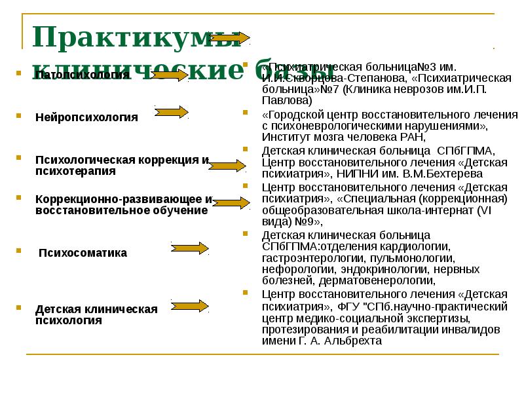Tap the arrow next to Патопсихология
tap(172, 76)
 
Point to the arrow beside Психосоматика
tap(191, 248)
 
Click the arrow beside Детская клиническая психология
tap(191, 306)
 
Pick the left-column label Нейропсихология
tap(86, 117)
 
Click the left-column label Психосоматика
tap(83, 253)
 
